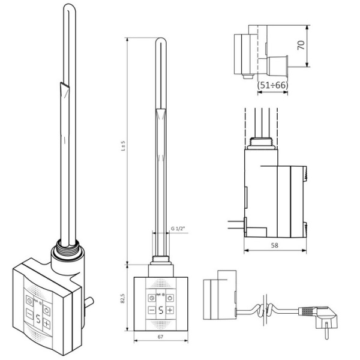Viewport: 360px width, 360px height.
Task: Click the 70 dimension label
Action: (301, 45)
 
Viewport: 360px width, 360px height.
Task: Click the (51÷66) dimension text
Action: (272, 85)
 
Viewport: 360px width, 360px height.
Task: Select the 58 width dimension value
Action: (274, 245)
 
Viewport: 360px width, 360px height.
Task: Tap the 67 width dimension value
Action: (160, 337)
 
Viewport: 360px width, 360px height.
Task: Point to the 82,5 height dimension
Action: (122, 298)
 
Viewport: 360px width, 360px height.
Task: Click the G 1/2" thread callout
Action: (178, 229)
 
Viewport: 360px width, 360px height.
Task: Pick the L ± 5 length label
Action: (123, 146)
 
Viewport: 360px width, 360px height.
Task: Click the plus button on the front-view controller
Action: (170, 310)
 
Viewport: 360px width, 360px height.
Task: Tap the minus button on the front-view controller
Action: (152, 310)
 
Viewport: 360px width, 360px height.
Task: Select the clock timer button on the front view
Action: (152, 298)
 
